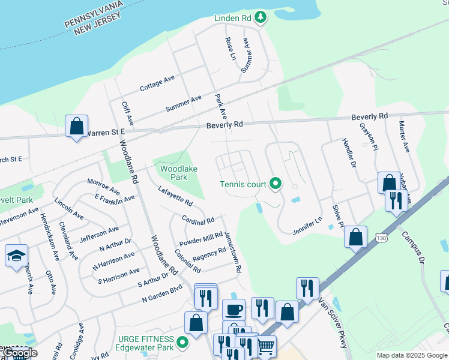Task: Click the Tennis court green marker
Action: point(276,184)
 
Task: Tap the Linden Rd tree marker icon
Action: point(260,18)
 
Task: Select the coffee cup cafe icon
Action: point(234,310)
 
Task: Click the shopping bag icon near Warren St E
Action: point(76,126)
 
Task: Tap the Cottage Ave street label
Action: point(157,83)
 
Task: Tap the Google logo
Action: point(19,353)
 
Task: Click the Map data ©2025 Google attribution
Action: point(412,355)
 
